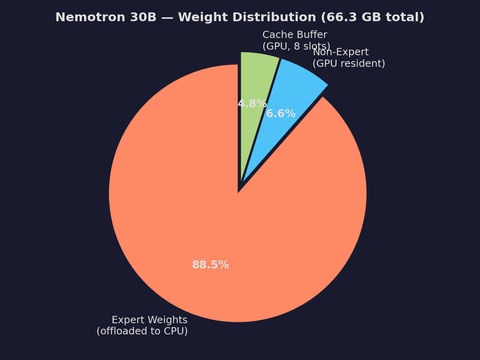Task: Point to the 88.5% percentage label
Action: [x=210, y=265]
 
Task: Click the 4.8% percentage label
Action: [x=252, y=104]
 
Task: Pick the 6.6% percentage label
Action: [x=281, y=114]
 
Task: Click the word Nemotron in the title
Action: [x=83, y=18]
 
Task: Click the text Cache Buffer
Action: [x=294, y=35]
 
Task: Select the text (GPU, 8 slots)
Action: [x=296, y=46]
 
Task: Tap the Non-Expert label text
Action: [x=340, y=52]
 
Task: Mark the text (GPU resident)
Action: [x=348, y=64]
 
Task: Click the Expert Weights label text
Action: [x=149, y=320]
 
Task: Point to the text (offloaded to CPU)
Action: [x=142, y=331]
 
